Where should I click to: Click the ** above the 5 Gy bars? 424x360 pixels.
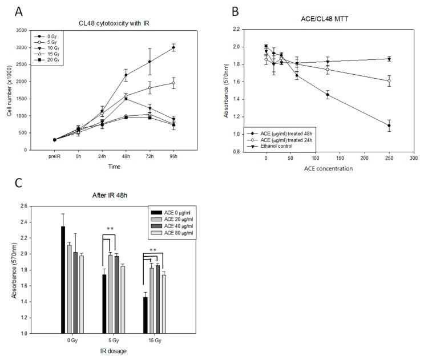111,230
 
